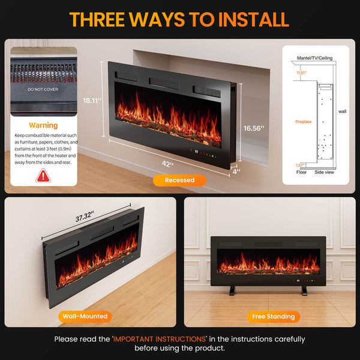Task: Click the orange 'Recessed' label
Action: pos(179,180)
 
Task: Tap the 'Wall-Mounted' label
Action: pos(85,316)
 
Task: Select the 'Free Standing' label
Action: pos(273,316)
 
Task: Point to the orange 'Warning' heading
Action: pos(44,125)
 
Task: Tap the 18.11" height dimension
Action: pos(91,101)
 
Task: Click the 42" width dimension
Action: pos(168,164)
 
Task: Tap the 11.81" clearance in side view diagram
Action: pos(301,73)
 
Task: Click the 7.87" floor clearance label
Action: pos(300,165)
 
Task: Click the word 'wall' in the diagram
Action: pos(342,111)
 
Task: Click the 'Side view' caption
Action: pos(324,172)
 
